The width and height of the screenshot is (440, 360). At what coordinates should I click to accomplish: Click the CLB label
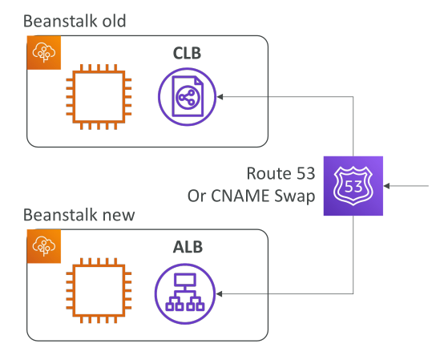coord(187,53)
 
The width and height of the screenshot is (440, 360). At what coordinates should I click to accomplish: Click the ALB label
coord(188,247)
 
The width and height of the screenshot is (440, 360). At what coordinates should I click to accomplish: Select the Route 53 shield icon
coord(353,186)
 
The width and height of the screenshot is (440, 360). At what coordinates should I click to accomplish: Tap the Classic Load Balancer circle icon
coord(187,96)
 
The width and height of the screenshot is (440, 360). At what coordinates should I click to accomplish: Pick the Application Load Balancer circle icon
coord(185,293)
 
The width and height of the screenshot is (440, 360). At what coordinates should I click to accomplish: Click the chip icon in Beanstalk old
coord(99,97)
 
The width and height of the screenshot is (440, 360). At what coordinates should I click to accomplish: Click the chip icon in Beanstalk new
coord(99,290)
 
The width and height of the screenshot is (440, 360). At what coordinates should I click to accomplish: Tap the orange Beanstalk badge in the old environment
coord(44,52)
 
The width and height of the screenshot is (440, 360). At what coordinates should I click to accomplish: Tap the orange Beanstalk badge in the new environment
coord(44,246)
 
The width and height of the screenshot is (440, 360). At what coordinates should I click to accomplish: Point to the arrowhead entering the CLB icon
coord(220,96)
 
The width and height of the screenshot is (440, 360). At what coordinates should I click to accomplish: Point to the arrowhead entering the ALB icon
coord(220,293)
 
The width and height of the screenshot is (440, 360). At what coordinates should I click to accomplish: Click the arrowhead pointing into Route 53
coord(386,186)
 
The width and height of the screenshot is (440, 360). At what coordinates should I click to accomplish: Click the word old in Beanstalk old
coord(114,21)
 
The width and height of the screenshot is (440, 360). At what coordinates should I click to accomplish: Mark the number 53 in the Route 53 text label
coord(305,173)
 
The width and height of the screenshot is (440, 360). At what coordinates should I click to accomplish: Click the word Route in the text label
coord(269,173)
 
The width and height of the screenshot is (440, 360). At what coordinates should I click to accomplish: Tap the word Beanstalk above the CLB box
coord(60,21)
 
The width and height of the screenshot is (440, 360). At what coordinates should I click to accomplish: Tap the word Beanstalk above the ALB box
coord(60,215)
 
